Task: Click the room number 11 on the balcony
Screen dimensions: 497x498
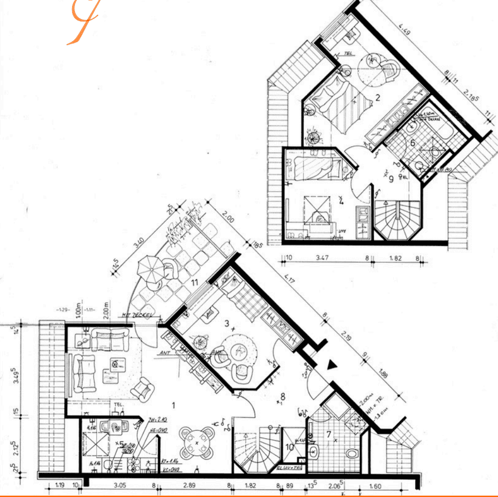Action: pyautogui.click(x=194, y=283)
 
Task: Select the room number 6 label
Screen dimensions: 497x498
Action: pyautogui.click(x=413, y=143)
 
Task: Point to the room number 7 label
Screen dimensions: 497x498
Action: pyautogui.click(x=329, y=433)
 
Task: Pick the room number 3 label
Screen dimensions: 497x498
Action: pyautogui.click(x=226, y=323)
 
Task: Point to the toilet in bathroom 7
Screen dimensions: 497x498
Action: pyautogui.click(x=351, y=453)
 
